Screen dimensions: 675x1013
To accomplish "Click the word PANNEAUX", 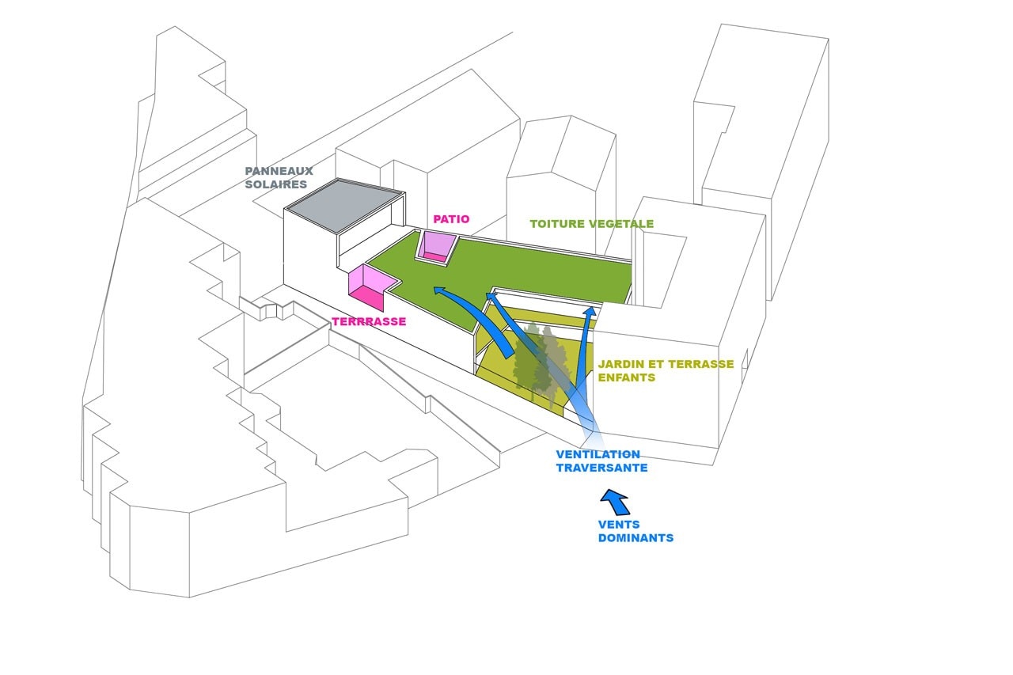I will click(279, 171).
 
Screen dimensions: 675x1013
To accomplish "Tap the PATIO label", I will click(451, 219).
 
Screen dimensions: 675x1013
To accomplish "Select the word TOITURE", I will click(556, 224).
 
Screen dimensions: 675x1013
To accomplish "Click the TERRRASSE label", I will click(369, 322).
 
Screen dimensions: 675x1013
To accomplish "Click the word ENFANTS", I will click(627, 378).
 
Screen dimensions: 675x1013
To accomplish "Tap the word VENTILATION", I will click(598, 455).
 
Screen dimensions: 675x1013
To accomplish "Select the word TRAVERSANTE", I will click(601, 468).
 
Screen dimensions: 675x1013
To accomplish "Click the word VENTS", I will click(619, 525).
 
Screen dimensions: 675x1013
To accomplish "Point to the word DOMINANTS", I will click(635, 538).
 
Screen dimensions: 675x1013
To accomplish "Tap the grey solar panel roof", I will click(343, 204).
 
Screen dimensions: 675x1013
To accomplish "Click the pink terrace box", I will click(369, 283).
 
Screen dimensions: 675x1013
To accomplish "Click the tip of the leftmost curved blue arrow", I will click(434, 290).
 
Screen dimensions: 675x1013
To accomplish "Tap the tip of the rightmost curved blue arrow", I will click(590, 308).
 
